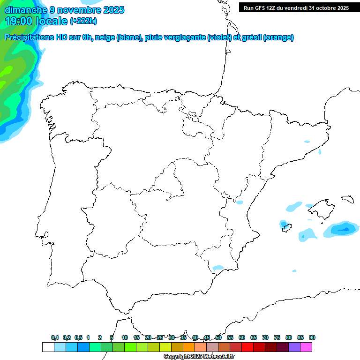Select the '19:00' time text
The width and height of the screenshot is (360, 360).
tap(19, 21)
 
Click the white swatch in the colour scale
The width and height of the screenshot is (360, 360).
tap(48, 347)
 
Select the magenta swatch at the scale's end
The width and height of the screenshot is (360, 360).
tap(306, 347)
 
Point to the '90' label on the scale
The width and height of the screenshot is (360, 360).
tap(312, 337)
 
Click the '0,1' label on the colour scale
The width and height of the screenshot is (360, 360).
tap(55, 337)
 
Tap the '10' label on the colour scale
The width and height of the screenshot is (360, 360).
tap(125, 337)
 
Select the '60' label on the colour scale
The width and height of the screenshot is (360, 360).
tap(242, 337)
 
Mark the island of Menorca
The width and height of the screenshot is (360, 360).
tap(347, 199)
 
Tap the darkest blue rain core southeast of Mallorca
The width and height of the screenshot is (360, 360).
tap(345, 229)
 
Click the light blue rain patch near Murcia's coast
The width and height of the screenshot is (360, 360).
tap(218, 268)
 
